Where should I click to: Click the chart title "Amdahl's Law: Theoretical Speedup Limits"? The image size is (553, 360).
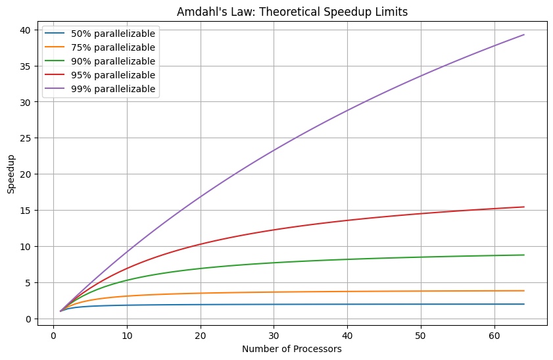point(291,11)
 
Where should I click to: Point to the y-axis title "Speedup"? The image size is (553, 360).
point(11,174)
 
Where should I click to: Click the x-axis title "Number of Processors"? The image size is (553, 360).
point(291,349)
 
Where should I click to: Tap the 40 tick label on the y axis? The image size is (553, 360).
point(25,30)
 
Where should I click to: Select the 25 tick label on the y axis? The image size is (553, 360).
point(25,138)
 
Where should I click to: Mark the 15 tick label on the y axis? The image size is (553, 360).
point(25,211)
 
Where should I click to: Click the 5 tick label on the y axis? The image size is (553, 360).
point(28,283)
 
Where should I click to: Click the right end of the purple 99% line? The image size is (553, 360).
point(524,34)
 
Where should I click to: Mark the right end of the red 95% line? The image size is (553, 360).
point(524,207)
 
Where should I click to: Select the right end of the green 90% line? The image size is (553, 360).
point(524,255)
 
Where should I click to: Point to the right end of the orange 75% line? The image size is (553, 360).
point(524,291)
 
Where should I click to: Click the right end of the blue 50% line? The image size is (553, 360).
point(524,304)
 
